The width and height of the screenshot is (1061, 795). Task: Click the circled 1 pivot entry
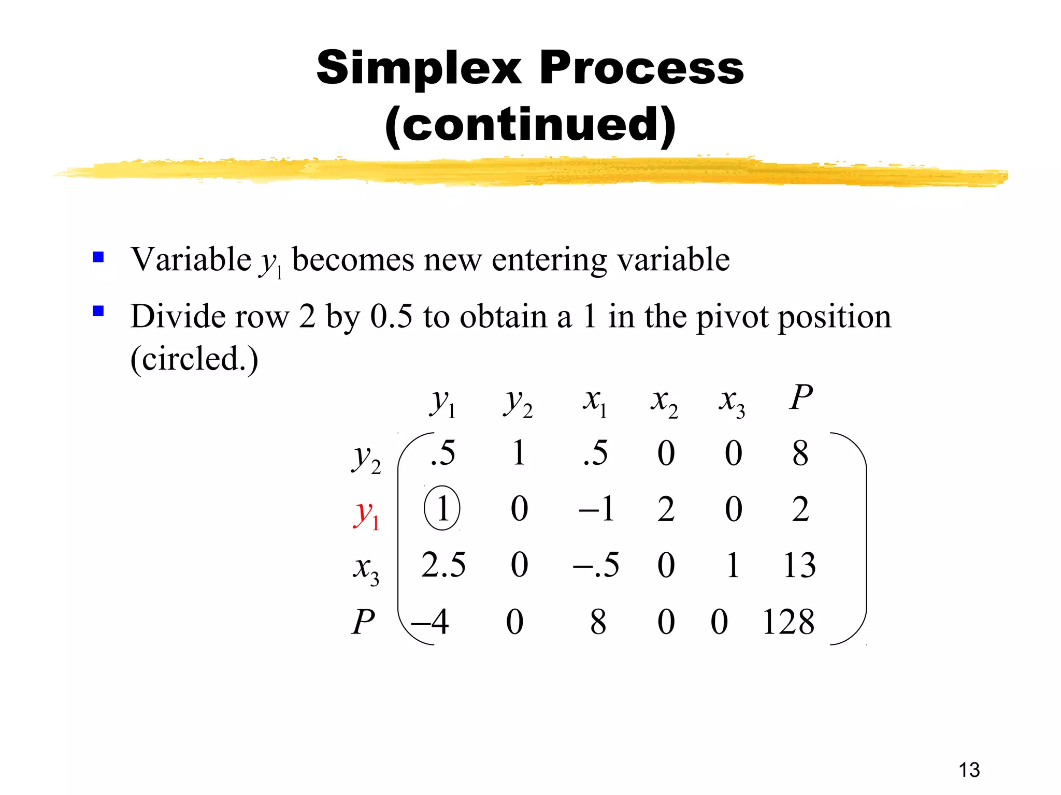pyautogui.click(x=442, y=508)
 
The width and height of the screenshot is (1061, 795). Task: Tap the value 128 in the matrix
pyautogui.click(x=788, y=622)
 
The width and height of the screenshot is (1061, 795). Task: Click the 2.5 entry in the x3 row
pyautogui.click(x=443, y=565)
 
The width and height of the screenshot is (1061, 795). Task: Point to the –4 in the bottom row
pyautogui.click(x=429, y=622)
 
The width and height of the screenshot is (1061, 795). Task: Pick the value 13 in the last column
pyautogui.click(x=799, y=565)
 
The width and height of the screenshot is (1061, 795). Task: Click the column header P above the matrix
pyautogui.click(x=801, y=398)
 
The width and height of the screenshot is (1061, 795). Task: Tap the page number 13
pyautogui.click(x=969, y=770)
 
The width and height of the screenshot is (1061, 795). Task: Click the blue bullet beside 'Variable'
pyautogui.click(x=98, y=257)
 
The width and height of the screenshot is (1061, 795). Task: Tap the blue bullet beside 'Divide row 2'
pyautogui.click(x=98, y=311)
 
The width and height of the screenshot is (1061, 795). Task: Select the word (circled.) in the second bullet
pyautogui.click(x=194, y=359)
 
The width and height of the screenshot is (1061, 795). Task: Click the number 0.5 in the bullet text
pyautogui.click(x=391, y=316)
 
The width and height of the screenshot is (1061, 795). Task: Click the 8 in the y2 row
pyautogui.click(x=800, y=453)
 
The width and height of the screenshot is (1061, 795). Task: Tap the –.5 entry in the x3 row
pyautogui.click(x=596, y=565)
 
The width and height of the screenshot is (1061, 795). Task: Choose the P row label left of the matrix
pyautogui.click(x=363, y=622)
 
